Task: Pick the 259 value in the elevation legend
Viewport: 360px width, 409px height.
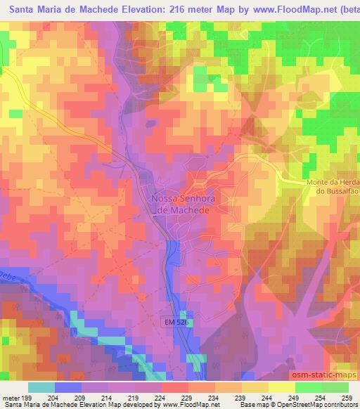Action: coord(348,397)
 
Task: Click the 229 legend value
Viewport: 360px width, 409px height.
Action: coord(188,397)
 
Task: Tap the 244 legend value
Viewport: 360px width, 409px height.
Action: coord(268,397)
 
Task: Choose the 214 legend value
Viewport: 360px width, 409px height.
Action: coord(108,397)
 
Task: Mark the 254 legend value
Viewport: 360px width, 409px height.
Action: coord(321,397)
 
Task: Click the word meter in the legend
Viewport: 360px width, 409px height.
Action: coord(10,397)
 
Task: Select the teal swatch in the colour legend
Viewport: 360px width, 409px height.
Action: coord(41,387)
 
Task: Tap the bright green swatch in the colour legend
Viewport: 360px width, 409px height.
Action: coord(309,387)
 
